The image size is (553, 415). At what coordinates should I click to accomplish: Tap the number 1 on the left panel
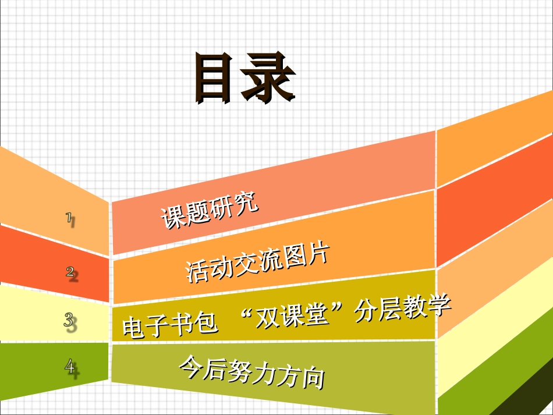pyautogui.click(x=70, y=219)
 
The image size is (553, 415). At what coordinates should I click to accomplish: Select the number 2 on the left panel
pyautogui.click(x=71, y=272)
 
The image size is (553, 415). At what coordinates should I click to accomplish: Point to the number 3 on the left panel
pyautogui.click(x=70, y=321)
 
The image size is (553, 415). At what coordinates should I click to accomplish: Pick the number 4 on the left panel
pyautogui.click(x=71, y=367)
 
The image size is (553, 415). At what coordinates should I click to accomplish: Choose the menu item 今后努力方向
pyautogui.click(x=251, y=372)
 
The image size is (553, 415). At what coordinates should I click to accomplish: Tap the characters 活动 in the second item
pyautogui.click(x=208, y=269)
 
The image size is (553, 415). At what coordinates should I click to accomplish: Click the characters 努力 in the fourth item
pyautogui.click(x=251, y=372)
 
